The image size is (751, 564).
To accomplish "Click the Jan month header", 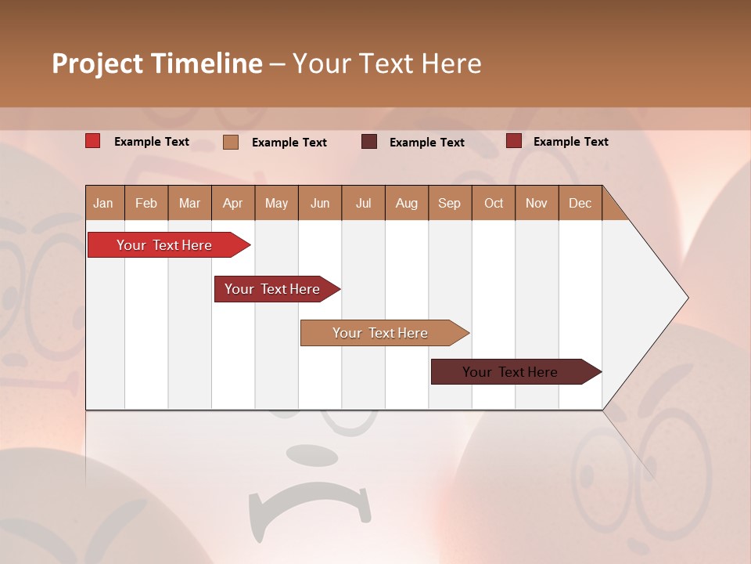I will pos(103,203).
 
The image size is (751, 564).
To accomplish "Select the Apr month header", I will pos(232,203).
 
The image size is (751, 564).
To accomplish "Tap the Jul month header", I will pos(363,203).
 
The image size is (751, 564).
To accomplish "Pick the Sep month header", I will pos(449,203).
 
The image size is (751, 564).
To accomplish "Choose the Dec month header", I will pos(580,203).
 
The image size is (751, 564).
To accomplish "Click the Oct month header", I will pos(493,203).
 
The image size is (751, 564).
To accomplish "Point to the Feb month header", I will pos(146,203).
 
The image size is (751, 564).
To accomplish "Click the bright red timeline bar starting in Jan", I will pos(164,245).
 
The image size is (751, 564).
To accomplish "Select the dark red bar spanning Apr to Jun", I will pos(272,289).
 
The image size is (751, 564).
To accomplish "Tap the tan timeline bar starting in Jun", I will pos(380,333).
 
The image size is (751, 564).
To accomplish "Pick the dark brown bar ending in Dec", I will pos(510,372).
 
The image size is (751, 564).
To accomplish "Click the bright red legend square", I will pos(93,141).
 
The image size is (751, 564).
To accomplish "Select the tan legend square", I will pos(231,142).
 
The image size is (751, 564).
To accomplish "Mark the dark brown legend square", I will pos(369,142).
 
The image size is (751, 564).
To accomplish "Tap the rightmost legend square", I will pos(513,141).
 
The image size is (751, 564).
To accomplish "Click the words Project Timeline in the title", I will pos(156,63).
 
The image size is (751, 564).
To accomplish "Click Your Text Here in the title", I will pos(386,63).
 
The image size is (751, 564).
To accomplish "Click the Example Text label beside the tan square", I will pos(289,143).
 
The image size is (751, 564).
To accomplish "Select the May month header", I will pos(276,203).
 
